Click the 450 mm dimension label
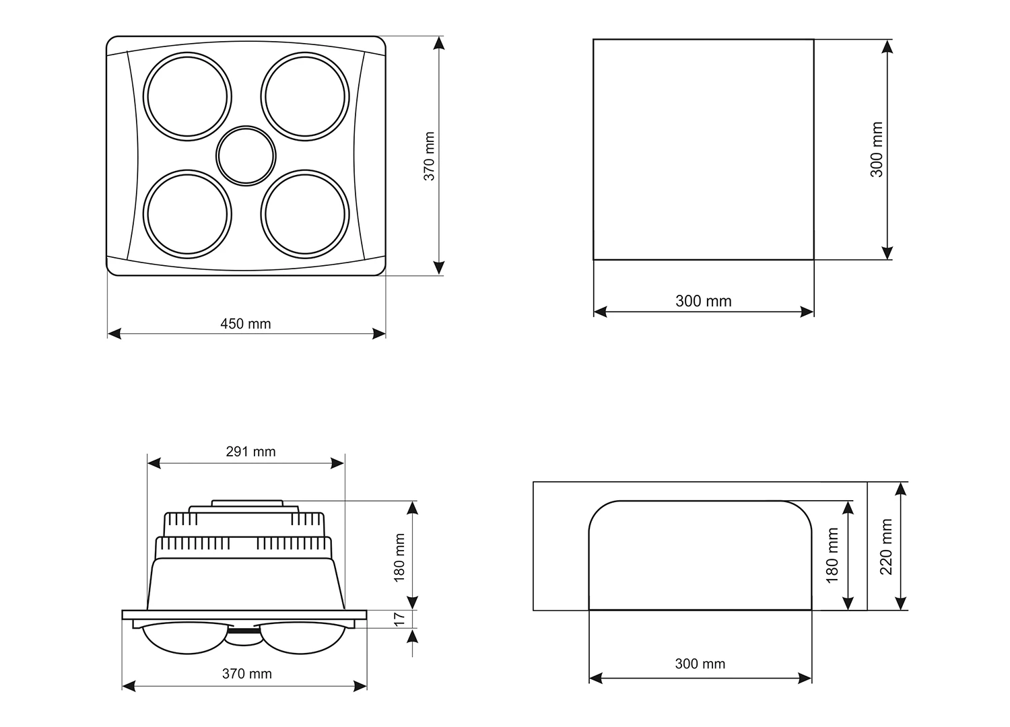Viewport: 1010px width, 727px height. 245,324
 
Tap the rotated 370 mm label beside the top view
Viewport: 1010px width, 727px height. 429,156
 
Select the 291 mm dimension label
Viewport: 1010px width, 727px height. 250,451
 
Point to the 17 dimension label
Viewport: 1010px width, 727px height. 399,619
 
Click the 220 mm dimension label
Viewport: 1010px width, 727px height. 886,547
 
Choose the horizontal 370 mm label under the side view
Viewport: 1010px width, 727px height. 246,673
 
